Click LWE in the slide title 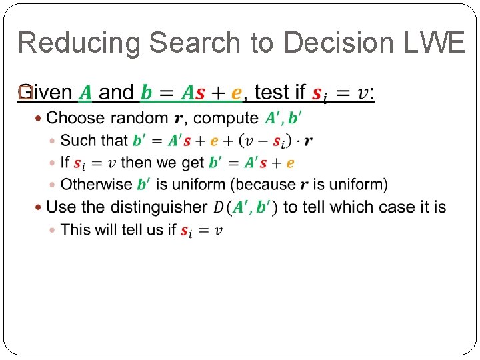coord(439,43)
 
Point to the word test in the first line coord(271,93)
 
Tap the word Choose coord(76,119)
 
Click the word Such coord(75,141)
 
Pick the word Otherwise coord(96,184)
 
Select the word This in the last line coord(75,230)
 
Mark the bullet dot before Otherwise coord(53,185)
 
